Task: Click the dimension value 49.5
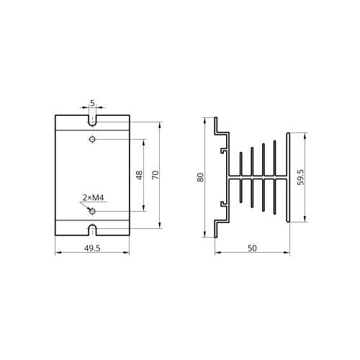92,248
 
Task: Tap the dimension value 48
139,175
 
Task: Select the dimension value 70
156,175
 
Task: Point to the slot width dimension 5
92,103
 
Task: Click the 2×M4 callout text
93,198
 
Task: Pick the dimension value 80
200,177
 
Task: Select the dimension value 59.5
300,177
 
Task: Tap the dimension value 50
252,248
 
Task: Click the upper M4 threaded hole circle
92,139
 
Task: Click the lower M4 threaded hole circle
92,211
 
